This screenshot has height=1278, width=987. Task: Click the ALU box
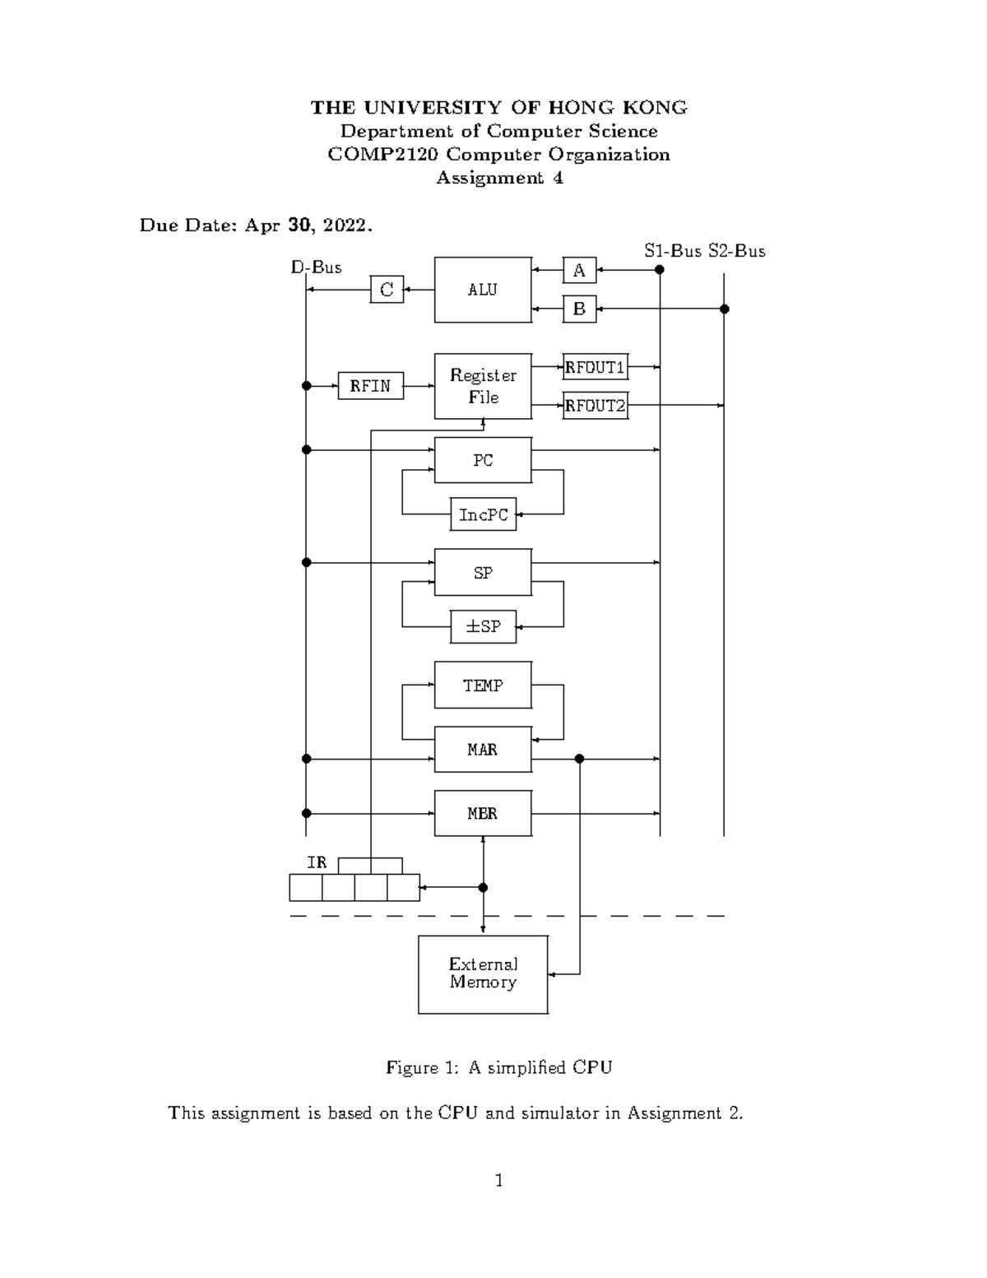[x=483, y=290]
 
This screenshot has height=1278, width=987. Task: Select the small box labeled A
[x=579, y=270]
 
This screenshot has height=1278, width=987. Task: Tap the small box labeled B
[x=579, y=309]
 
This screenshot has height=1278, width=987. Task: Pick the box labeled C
[x=387, y=290]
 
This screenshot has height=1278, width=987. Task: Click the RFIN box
[x=370, y=386]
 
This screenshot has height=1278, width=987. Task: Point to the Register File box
[x=483, y=386]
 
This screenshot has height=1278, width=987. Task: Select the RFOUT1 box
[x=595, y=367]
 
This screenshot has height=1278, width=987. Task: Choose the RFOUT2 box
[x=595, y=406]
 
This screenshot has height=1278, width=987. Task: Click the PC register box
[x=483, y=460]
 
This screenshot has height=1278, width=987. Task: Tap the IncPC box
[x=483, y=515]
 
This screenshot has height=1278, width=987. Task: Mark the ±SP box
[x=483, y=627]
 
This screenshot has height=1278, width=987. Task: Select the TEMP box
[x=483, y=685]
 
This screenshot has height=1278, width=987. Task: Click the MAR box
[x=483, y=749]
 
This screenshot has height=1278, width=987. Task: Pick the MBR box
[x=483, y=813]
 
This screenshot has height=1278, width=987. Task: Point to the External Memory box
[x=483, y=974]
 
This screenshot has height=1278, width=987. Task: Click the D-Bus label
[x=316, y=267]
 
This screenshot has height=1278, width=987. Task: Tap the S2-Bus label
[x=737, y=251]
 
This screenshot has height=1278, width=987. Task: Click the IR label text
[x=317, y=862]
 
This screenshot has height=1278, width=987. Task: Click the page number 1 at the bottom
[x=498, y=1181]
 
